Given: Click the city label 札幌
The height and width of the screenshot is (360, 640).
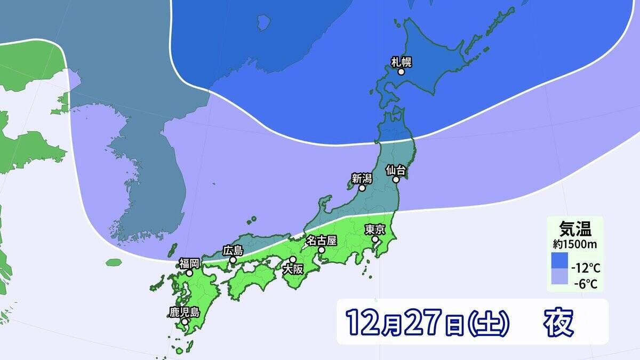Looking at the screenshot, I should point(402,62).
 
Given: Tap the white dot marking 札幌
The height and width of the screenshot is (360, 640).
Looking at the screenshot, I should point(401,71).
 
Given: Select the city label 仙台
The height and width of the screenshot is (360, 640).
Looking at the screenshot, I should point(396,171).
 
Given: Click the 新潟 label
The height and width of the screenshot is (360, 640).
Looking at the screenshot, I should point(362,179).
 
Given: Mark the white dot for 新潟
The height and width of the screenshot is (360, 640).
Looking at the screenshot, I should point(362,188).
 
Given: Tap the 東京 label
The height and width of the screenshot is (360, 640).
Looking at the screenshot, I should point(375,229).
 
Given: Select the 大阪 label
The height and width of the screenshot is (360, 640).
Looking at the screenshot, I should point(293,268).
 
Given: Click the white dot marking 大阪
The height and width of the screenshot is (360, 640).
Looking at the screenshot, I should point(293,259).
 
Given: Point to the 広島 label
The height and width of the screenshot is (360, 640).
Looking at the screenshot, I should point(233,250).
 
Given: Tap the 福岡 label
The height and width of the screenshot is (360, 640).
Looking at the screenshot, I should point(189,263).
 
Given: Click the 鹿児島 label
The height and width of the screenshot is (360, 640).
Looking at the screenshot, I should point(185,312).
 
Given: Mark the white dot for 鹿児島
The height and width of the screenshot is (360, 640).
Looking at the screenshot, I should point(185,322).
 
